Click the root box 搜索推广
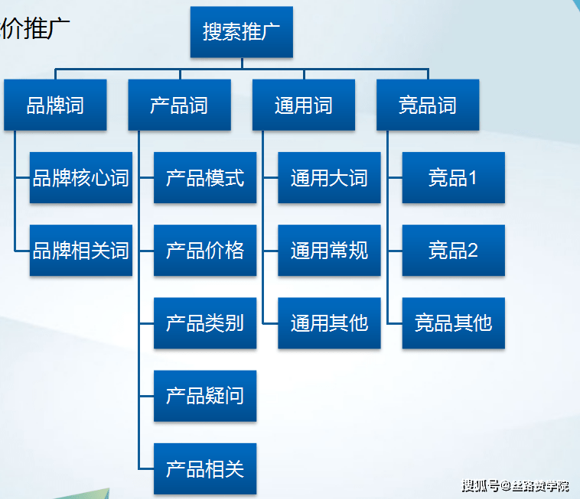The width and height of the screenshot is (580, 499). tap(241, 32)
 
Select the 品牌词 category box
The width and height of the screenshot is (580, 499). tap(55, 105)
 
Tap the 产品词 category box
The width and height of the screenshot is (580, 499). tap(179, 105)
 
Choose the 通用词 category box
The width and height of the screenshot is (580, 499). tap(303, 105)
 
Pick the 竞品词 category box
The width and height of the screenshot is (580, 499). tap(428, 105)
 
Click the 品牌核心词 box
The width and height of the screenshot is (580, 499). tap(80, 178)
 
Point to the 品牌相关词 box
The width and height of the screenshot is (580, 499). tap(80, 250)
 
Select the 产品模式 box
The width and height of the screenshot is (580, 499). tap(204, 178)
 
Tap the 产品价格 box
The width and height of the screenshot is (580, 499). tap(204, 250)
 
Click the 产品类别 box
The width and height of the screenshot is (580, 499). tap(204, 322)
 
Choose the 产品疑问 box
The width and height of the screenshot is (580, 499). tap(204, 395)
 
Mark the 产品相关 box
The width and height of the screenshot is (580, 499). tap(204, 468)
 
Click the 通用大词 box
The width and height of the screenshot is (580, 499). tap(329, 178)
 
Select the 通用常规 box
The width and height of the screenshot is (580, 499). tap(329, 250)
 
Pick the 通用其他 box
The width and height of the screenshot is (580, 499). tap(329, 322)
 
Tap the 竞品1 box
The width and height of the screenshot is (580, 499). tap(453, 178)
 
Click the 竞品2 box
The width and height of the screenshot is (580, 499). tap(453, 250)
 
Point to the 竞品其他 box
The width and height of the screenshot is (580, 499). tap(453, 322)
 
